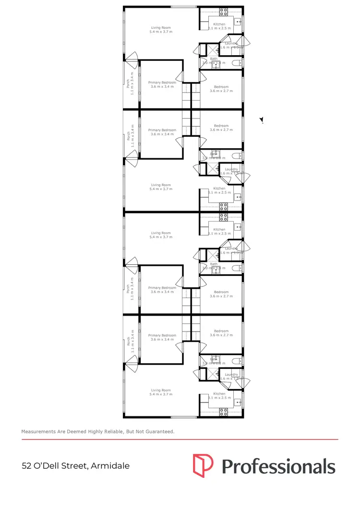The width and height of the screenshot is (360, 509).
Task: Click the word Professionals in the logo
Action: (x=278, y=466)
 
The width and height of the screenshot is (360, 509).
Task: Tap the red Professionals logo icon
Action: (x=203, y=465)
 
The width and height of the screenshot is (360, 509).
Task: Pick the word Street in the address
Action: (x=74, y=466)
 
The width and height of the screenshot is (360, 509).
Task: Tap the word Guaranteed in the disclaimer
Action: (x=158, y=432)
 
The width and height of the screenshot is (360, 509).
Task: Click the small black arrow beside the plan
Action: (x=262, y=120)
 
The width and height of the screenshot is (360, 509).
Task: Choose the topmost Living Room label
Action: (x=161, y=28)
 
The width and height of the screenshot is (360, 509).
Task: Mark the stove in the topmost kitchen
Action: (x=224, y=12)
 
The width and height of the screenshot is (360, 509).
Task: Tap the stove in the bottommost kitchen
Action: (x=224, y=411)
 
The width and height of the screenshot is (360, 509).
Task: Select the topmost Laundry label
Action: (x=231, y=44)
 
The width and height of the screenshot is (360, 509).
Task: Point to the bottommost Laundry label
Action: (x=231, y=375)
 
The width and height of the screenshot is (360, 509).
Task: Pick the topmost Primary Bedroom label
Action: (x=162, y=83)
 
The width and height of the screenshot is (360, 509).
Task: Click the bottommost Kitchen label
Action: (x=219, y=394)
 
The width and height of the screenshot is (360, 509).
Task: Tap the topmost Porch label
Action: (x=128, y=83)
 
